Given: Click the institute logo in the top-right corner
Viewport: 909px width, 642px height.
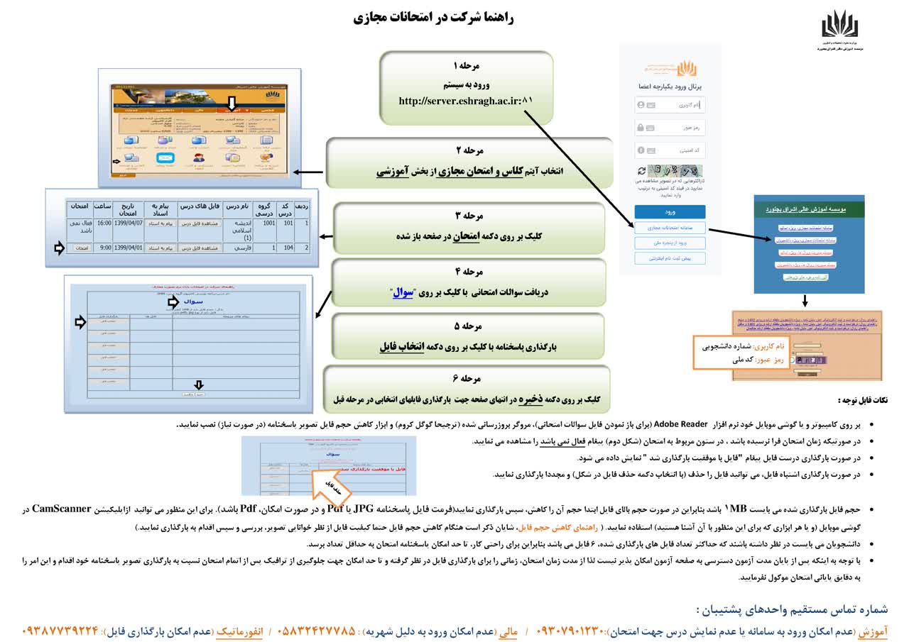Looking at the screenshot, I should [x=840, y=26].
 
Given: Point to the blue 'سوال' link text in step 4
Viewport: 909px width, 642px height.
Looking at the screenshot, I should [x=403, y=292].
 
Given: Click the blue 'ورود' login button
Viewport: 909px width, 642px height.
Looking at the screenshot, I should [x=670, y=212].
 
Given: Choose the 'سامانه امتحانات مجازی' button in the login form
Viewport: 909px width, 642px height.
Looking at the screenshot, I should [x=670, y=228].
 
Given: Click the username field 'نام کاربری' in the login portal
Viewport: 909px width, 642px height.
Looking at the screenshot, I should [x=670, y=105].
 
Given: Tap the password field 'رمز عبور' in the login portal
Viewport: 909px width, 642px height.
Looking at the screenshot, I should [x=670, y=128].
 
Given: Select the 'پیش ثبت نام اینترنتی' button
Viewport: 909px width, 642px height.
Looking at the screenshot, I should [x=670, y=258].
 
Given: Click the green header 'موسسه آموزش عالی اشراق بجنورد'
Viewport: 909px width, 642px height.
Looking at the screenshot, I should [x=809, y=210].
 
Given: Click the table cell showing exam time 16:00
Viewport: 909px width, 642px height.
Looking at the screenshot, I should [x=104, y=223].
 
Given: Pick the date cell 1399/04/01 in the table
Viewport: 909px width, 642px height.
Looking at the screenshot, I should [x=129, y=248].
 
